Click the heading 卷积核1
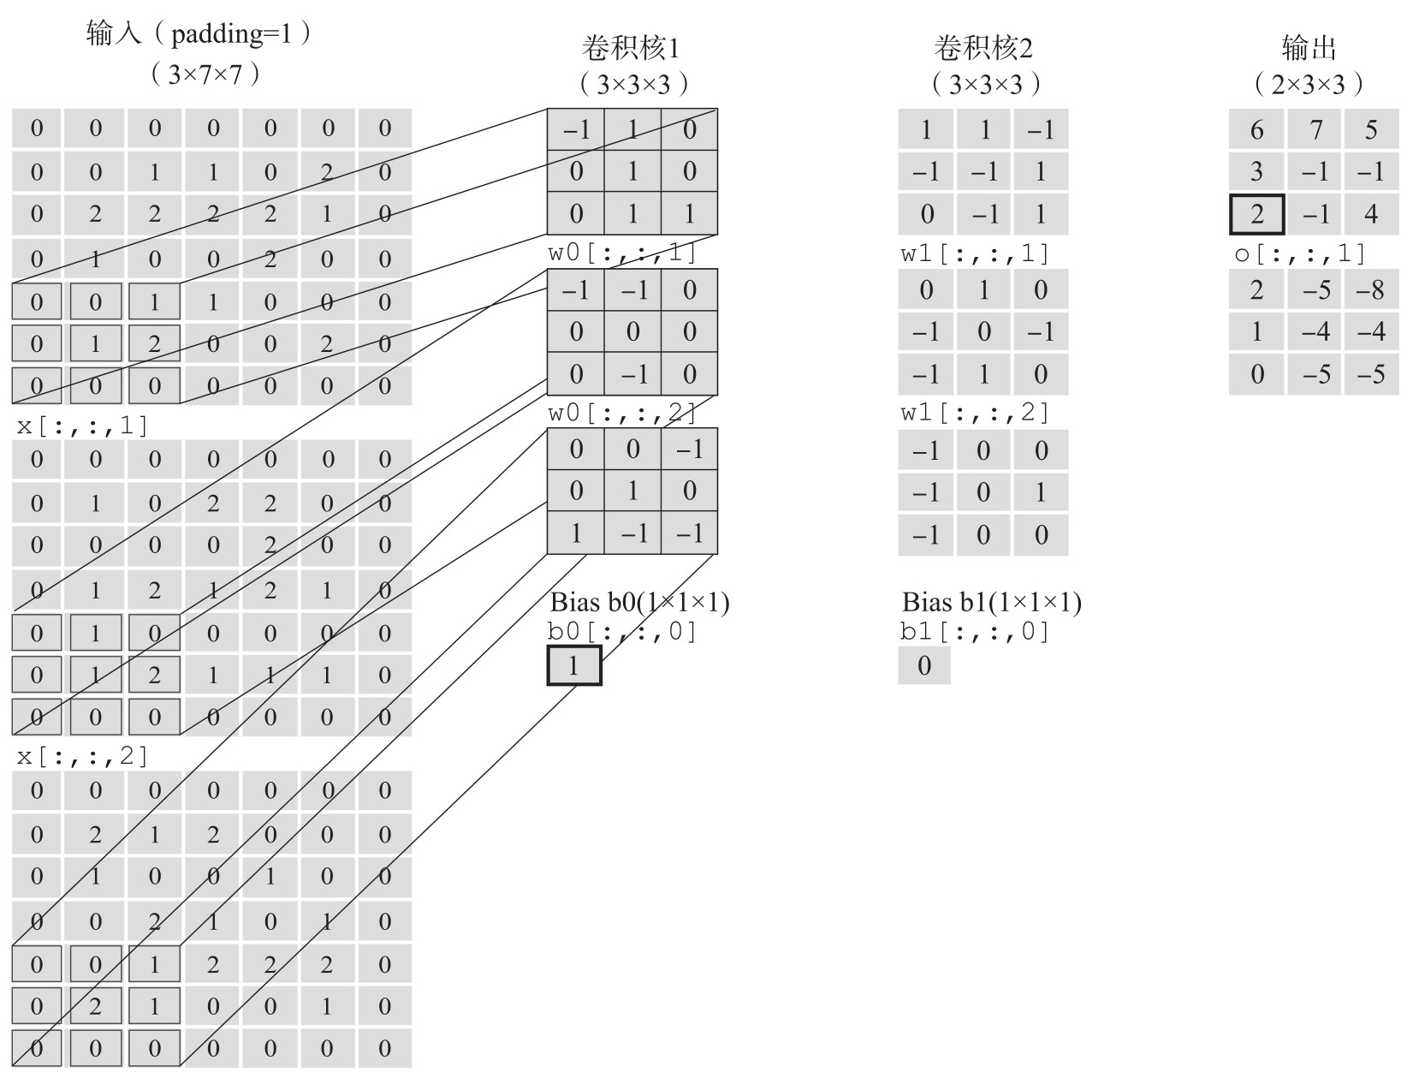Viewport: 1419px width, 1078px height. (631, 49)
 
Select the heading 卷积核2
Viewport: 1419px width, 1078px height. (983, 49)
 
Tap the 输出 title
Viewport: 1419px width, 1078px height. (1309, 49)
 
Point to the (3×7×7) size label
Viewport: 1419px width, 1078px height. (205, 74)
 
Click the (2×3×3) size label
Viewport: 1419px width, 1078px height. (1309, 84)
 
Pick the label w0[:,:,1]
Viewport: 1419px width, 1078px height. (622, 253)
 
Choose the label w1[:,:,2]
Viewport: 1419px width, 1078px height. (975, 413)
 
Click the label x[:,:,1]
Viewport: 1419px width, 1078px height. (82, 426)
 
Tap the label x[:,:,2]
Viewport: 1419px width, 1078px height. (82, 756)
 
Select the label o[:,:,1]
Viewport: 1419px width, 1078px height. (1299, 253)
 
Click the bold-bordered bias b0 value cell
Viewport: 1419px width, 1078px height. (574, 666)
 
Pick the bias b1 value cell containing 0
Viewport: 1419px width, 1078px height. (924, 665)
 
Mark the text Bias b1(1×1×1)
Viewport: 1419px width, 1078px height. (991, 603)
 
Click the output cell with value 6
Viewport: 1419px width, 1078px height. (1256, 129)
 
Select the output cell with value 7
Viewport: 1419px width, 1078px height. (1315, 129)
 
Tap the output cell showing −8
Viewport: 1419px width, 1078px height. (1371, 290)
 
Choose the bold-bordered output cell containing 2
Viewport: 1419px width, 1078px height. (1256, 214)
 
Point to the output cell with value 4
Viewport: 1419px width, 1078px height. (1371, 214)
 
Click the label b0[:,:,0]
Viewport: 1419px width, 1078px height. (622, 632)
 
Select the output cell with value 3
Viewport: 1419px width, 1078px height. (1256, 172)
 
